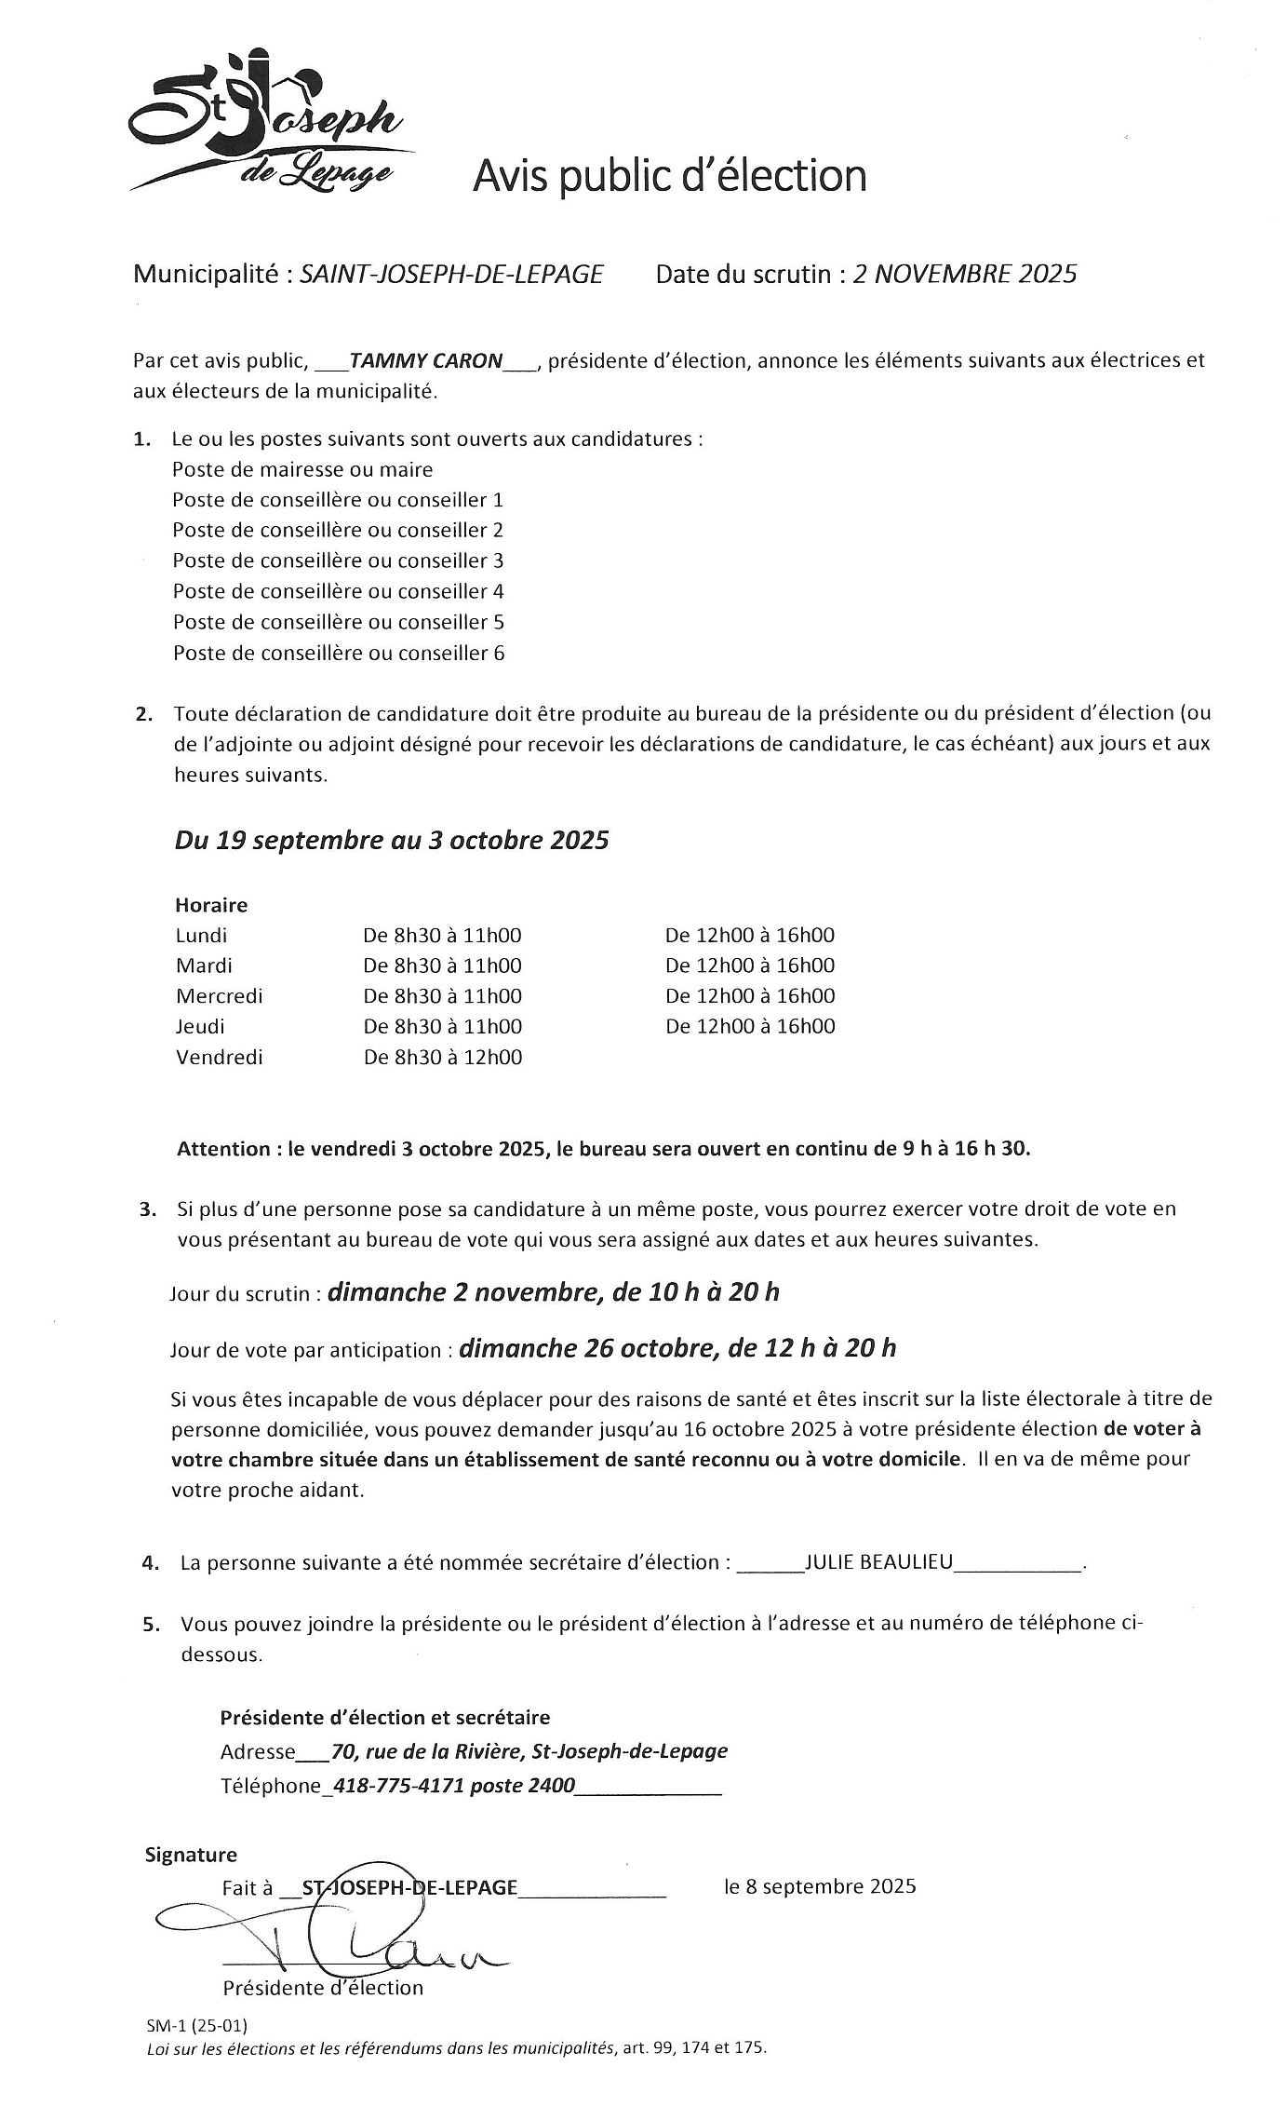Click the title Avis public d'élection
click(669, 176)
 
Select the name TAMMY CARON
click(426, 360)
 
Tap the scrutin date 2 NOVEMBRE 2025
click(964, 274)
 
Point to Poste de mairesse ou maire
click(302, 469)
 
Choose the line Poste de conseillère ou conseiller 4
click(338, 591)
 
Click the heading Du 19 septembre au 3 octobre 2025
click(392, 840)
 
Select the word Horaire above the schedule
click(211, 905)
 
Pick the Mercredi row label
click(220, 996)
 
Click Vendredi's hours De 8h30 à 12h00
click(443, 1058)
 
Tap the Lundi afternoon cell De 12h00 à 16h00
click(750, 936)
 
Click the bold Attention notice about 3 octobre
click(603, 1149)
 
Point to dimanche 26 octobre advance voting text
click(677, 1348)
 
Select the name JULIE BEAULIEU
click(878, 1562)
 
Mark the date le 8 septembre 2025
click(820, 1886)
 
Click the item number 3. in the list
click(148, 1210)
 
